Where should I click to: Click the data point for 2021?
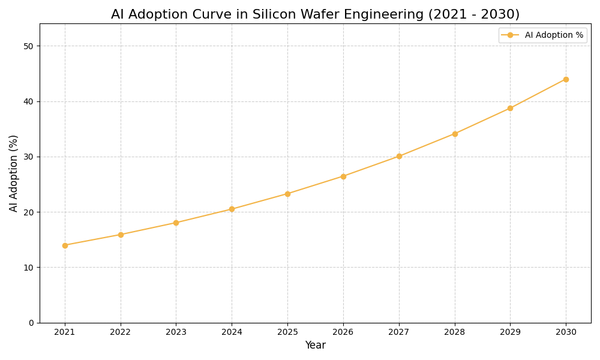click(x=65, y=245)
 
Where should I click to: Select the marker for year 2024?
click(x=232, y=209)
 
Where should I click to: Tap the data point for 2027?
click(x=399, y=156)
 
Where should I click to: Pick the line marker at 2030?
click(x=566, y=79)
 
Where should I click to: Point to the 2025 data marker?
click(x=287, y=194)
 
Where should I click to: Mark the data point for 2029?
click(x=510, y=108)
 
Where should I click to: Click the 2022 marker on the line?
click(x=121, y=235)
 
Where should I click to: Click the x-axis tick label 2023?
click(x=176, y=332)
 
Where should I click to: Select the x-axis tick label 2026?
click(x=343, y=332)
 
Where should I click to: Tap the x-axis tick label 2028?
click(x=454, y=332)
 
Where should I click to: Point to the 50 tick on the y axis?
click(x=29, y=46)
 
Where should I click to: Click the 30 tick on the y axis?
click(x=29, y=157)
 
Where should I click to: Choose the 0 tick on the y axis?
click(x=31, y=323)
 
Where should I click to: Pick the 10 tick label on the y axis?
click(x=29, y=268)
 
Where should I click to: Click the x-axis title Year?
click(x=315, y=346)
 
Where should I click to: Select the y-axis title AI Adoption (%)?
click(x=14, y=173)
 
